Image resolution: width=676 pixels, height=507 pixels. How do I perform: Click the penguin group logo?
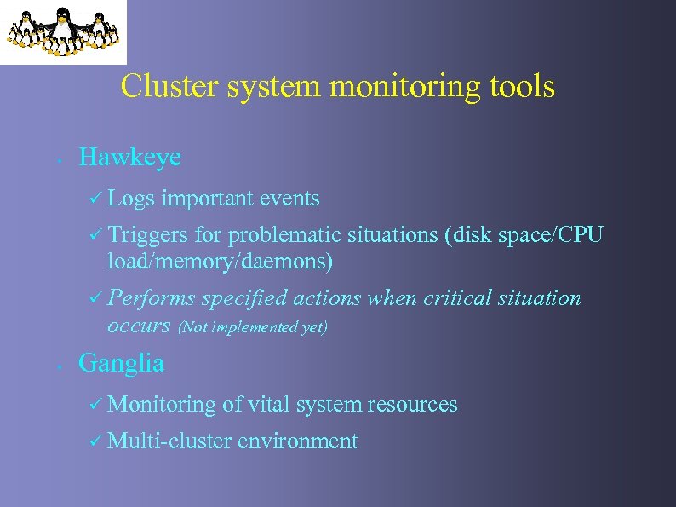pos(62,32)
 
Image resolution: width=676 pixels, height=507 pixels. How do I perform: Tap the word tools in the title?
pos(520,86)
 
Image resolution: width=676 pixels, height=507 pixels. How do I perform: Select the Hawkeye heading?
pos(129,158)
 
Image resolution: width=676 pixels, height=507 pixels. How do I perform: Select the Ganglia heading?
pos(121,363)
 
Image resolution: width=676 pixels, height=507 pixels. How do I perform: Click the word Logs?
pos(132,199)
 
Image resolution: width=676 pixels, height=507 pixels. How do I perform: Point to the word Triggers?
pos(148,235)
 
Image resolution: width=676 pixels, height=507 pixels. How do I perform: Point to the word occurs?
pos(140,326)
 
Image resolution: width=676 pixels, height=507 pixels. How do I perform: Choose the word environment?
pos(297,441)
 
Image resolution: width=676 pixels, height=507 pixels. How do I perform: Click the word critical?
pos(460,298)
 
